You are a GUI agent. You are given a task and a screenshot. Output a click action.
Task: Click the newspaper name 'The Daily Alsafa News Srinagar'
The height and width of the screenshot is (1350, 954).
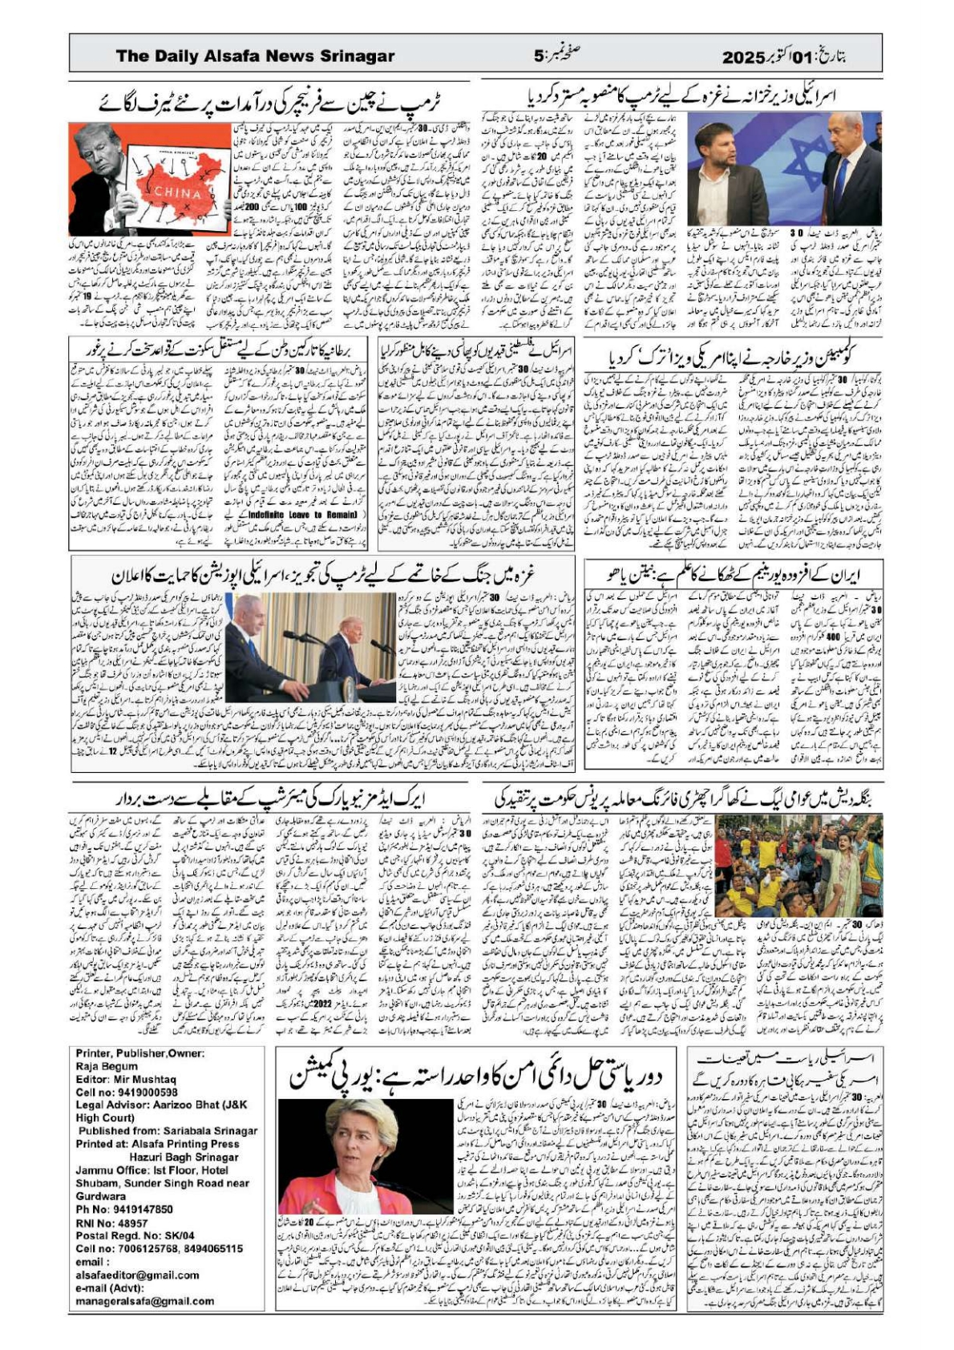255,56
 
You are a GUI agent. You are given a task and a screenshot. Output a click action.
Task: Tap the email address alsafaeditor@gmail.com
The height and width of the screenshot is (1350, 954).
137,1275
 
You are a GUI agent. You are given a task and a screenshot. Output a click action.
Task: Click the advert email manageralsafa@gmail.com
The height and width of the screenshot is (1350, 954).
144,1300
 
